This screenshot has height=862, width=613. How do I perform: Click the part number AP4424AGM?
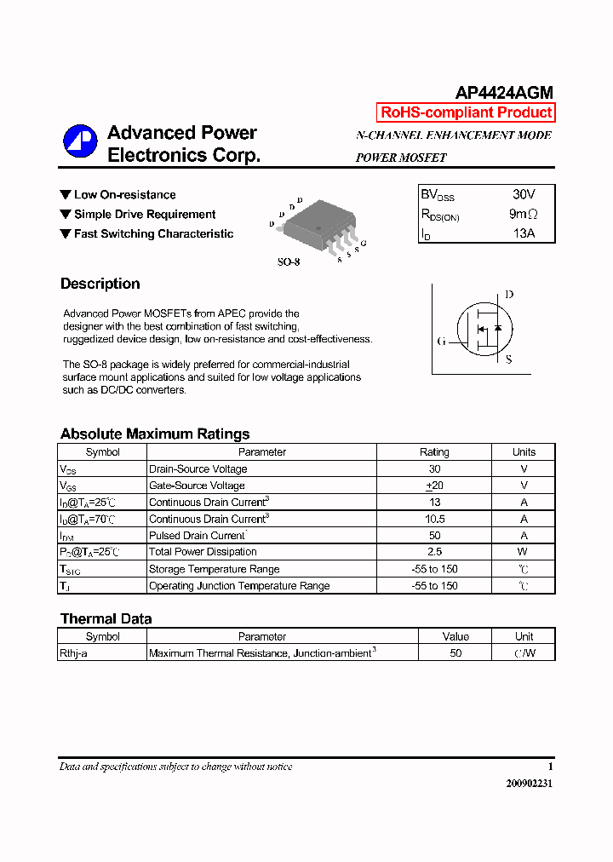[504, 93]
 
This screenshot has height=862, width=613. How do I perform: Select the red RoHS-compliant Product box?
[466, 112]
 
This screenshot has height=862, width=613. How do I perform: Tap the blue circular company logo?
[80, 142]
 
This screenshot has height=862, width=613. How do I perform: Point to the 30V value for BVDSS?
[524, 194]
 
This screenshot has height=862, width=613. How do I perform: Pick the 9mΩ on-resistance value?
[523, 214]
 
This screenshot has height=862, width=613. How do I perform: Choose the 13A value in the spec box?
[524, 233]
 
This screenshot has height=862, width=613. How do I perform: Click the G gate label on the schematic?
[441, 342]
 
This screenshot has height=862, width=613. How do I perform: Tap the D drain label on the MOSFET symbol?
[509, 295]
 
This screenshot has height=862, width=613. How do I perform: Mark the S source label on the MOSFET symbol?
[509, 359]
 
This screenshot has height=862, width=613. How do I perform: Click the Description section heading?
[100, 284]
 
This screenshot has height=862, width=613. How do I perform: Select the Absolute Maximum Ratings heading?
[155, 434]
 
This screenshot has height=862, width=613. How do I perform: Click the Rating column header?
[434, 452]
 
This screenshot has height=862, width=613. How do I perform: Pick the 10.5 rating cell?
[434, 519]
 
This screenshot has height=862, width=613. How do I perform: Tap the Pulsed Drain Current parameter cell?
[198, 536]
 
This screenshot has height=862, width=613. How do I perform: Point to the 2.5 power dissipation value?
[434, 552]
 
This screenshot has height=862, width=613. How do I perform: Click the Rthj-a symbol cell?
[73, 653]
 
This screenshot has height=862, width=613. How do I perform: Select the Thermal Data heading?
[106, 618]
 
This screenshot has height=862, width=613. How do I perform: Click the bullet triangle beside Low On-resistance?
[66, 194]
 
